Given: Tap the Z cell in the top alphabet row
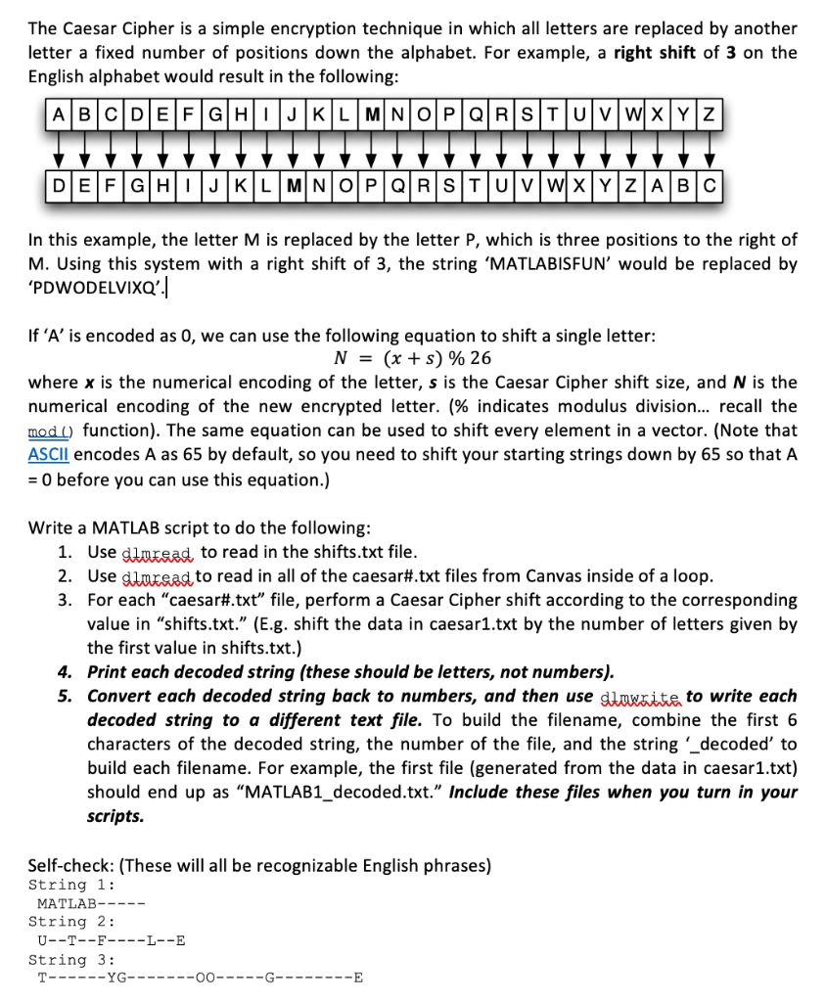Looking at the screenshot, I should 710,113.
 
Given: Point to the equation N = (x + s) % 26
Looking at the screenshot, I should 413,358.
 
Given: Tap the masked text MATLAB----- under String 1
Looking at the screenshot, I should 90,903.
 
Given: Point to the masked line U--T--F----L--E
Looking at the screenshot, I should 111,940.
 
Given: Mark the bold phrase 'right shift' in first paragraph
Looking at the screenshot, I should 655,52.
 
